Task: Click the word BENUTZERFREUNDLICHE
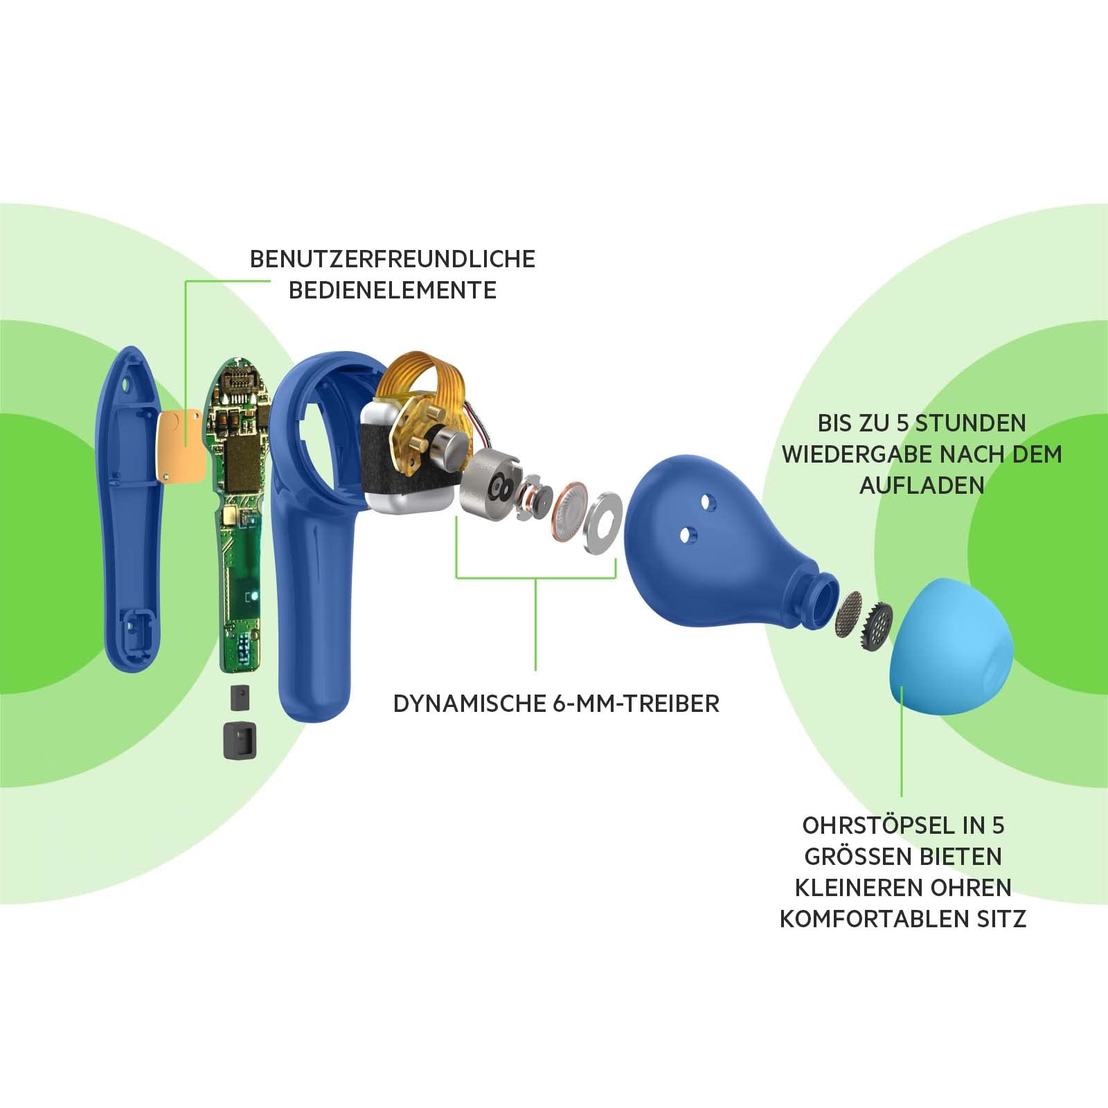[393, 259]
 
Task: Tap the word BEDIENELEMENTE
[393, 290]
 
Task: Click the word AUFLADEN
[922, 485]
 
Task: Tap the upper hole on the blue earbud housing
[706, 500]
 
